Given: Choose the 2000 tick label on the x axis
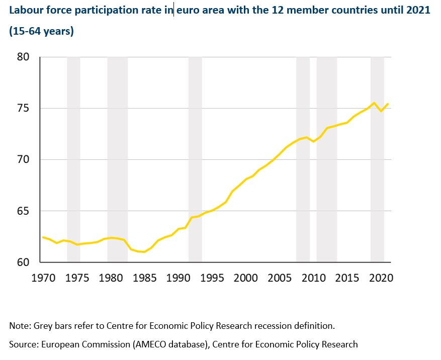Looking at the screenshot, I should (246, 278).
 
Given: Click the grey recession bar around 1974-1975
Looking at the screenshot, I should (73, 159).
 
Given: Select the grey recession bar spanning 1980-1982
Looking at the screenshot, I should (117, 159).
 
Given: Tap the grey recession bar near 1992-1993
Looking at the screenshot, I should (195, 159).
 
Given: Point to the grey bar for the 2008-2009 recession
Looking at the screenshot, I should (303, 159).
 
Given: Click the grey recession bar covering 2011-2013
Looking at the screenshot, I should (326, 159).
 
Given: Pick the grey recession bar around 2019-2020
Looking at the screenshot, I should (377, 159).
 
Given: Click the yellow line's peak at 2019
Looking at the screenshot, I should (374, 103).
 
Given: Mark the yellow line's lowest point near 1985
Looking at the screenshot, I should (145, 252).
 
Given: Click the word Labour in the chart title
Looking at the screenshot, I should (25, 10).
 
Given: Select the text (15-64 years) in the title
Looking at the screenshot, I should (42, 31).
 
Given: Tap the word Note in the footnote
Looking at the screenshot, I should (19, 326).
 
